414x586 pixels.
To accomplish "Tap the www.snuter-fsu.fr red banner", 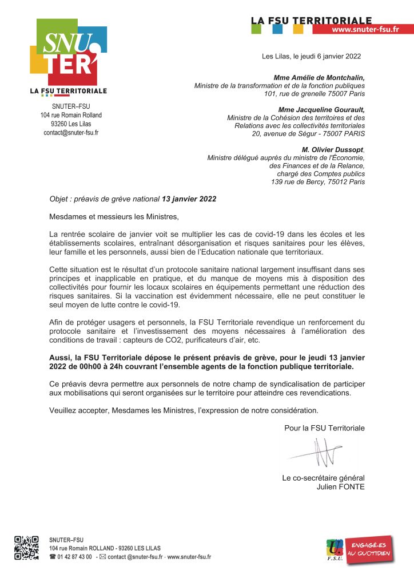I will [x=364, y=30].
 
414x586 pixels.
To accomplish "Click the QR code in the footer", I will [x=26, y=548].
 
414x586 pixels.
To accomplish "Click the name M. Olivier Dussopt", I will [x=333, y=149].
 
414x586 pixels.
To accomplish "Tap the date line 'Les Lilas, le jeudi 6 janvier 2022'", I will [x=311, y=56].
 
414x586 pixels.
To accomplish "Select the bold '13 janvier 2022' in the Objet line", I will [x=189, y=199].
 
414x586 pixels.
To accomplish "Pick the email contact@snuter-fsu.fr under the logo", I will [x=71, y=132].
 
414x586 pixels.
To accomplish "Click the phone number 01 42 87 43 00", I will [x=74, y=557].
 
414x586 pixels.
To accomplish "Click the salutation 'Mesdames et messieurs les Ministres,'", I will [x=114, y=216].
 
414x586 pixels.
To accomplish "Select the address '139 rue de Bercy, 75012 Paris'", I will [x=317, y=182].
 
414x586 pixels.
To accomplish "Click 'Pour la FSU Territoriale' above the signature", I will [x=324, y=428].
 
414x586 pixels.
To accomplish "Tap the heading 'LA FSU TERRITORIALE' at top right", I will [x=312, y=21].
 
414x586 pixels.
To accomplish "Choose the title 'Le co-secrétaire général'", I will [x=323, y=478].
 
